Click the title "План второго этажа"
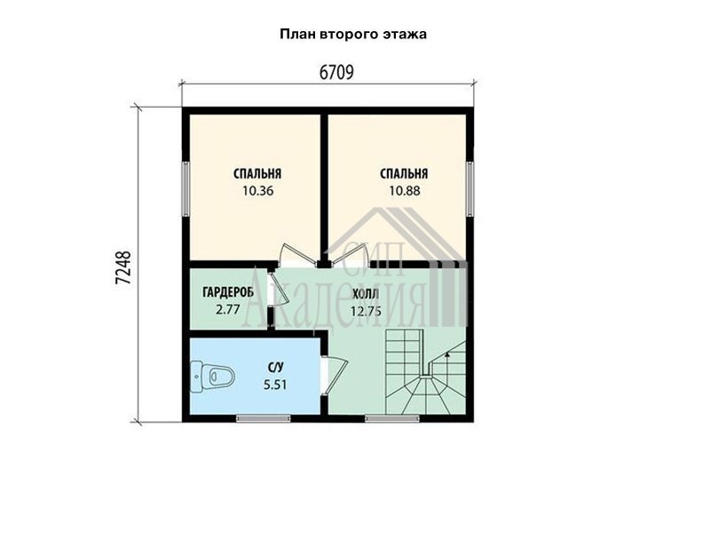pyautogui.click(x=353, y=35)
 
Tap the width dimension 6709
pyautogui.click(x=336, y=73)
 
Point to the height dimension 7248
pyautogui.click(x=123, y=267)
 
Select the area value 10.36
pyautogui.click(x=257, y=191)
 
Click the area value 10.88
pyautogui.click(x=405, y=191)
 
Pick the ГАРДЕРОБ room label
pyautogui.click(x=228, y=292)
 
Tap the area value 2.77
pyautogui.click(x=228, y=310)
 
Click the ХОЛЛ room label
pyautogui.click(x=366, y=294)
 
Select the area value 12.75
pyautogui.click(x=366, y=312)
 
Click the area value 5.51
pyautogui.click(x=275, y=385)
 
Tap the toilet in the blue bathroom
pyautogui.click(x=213, y=377)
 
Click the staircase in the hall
pyautogui.click(x=426, y=371)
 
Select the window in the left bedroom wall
pyautogui.click(x=185, y=189)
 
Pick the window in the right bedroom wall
pyautogui.click(x=470, y=189)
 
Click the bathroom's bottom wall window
pyautogui.click(x=264, y=418)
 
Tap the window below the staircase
pyautogui.click(x=392, y=418)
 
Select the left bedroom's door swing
pyautogui.click(x=296, y=255)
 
